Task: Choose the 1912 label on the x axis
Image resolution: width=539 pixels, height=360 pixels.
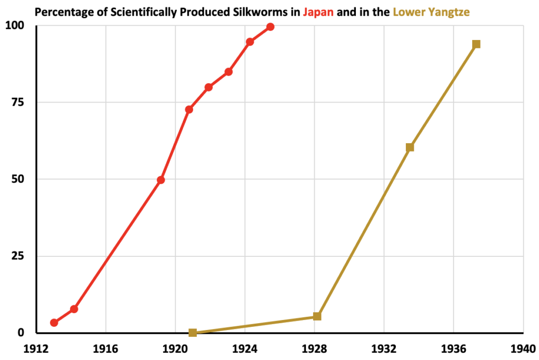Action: pos(37,348)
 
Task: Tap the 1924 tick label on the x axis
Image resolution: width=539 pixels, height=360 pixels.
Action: pos(245,348)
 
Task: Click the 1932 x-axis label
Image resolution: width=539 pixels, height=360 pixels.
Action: pos(384,348)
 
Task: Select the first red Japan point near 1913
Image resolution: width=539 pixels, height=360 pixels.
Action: pos(54,323)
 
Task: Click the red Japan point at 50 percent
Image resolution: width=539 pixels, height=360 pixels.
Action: pos(161,180)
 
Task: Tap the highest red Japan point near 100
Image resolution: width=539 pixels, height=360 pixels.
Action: pos(270,27)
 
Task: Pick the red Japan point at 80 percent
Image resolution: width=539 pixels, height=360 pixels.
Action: pos(208,87)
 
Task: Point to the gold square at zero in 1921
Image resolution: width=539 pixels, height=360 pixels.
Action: pos(193,333)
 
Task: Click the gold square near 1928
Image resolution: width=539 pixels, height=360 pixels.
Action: pos(317,316)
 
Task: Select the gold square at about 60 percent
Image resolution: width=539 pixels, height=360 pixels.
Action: pos(410,147)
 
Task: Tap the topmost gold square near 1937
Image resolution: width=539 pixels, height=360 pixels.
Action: pos(476,44)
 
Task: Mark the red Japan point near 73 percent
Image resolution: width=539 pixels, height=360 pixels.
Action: pos(189,109)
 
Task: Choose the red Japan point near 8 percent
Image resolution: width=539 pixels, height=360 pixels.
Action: pos(74,309)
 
